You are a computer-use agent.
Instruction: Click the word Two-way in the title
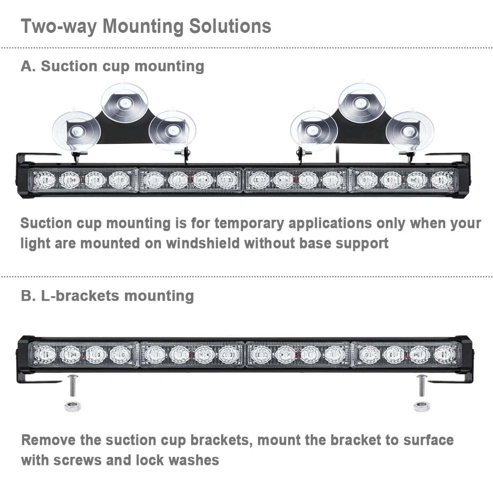click(59, 27)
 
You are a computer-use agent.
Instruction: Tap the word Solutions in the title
click(230, 26)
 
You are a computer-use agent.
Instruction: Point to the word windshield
click(203, 243)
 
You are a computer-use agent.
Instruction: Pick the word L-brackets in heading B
click(80, 296)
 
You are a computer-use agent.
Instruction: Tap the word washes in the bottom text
click(194, 460)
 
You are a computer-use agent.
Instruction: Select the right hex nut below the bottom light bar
click(422, 407)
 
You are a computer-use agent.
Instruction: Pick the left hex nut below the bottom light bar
click(73, 407)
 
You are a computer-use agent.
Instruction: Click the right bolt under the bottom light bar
click(422, 386)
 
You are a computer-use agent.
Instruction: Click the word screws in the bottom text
click(78, 460)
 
